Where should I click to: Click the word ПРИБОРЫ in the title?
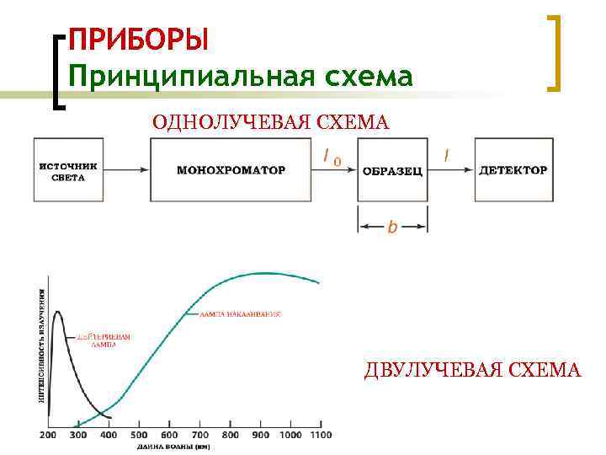coord(137,40)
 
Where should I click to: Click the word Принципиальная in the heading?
coord(181,77)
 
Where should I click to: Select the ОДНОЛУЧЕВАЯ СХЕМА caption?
coord(270,124)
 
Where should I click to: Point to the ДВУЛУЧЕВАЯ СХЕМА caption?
coord(472,369)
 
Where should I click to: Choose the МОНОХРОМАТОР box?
coord(231,170)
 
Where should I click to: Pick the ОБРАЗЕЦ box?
coord(392,171)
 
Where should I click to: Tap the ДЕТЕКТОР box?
coord(513,170)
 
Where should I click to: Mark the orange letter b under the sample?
coord(392,228)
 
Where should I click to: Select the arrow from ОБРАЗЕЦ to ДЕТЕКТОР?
coord(451,170)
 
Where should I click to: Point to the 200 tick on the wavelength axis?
coord(50,435)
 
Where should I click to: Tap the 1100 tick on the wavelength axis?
coord(321,435)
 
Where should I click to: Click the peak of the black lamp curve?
coord(57,312)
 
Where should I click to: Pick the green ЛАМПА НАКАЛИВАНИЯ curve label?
coord(240,314)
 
